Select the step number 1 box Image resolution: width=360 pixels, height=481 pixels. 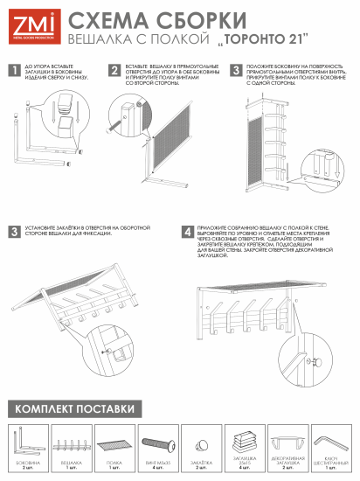(x=14, y=68)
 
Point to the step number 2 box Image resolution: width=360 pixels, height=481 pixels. (x=115, y=68)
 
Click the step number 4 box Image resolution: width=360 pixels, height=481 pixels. (x=188, y=234)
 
